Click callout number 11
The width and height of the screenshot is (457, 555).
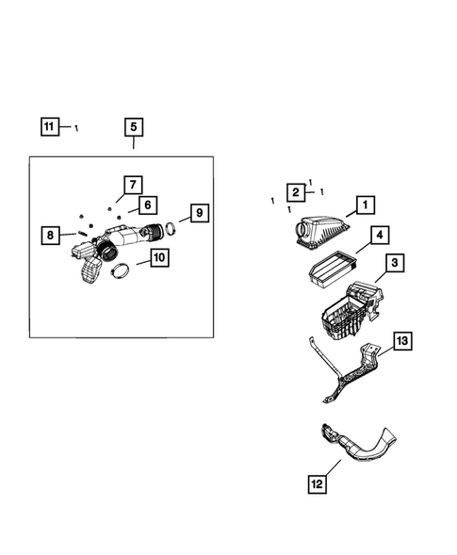pos(50,125)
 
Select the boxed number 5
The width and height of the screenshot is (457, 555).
pos(133,126)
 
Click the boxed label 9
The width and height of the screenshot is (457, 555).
pos(197,213)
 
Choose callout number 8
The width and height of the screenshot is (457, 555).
pos(52,235)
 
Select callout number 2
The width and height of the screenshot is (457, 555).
pos(295,192)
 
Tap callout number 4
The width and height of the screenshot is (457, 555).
pos(378,236)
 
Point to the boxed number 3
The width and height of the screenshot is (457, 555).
pos(395,263)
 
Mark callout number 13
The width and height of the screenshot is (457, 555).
pos(401,341)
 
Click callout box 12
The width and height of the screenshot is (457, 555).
pos(318,484)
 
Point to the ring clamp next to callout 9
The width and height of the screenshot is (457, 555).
pos(171,229)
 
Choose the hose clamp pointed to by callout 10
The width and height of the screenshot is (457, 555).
pos(120,272)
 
